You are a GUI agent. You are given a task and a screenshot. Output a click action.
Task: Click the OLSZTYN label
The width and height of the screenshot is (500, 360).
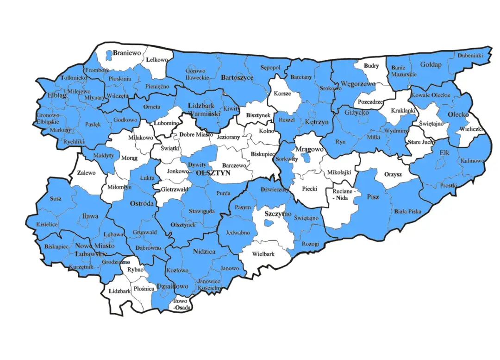[213, 172]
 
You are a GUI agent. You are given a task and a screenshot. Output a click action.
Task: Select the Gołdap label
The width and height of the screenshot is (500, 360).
[431, 64]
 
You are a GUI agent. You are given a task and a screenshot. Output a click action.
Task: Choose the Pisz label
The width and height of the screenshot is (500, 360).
[373, 197]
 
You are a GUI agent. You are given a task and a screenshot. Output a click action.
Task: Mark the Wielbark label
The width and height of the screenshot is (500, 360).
[263, 254]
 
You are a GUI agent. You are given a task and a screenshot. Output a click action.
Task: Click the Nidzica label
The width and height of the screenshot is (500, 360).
[204, 252]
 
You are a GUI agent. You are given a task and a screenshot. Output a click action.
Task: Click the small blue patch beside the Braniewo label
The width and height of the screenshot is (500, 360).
[108, 56]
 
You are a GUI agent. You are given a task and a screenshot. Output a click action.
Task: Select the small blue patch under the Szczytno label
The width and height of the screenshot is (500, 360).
[268, 223]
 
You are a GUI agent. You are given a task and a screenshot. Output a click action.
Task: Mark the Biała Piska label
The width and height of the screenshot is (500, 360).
[407, 211]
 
